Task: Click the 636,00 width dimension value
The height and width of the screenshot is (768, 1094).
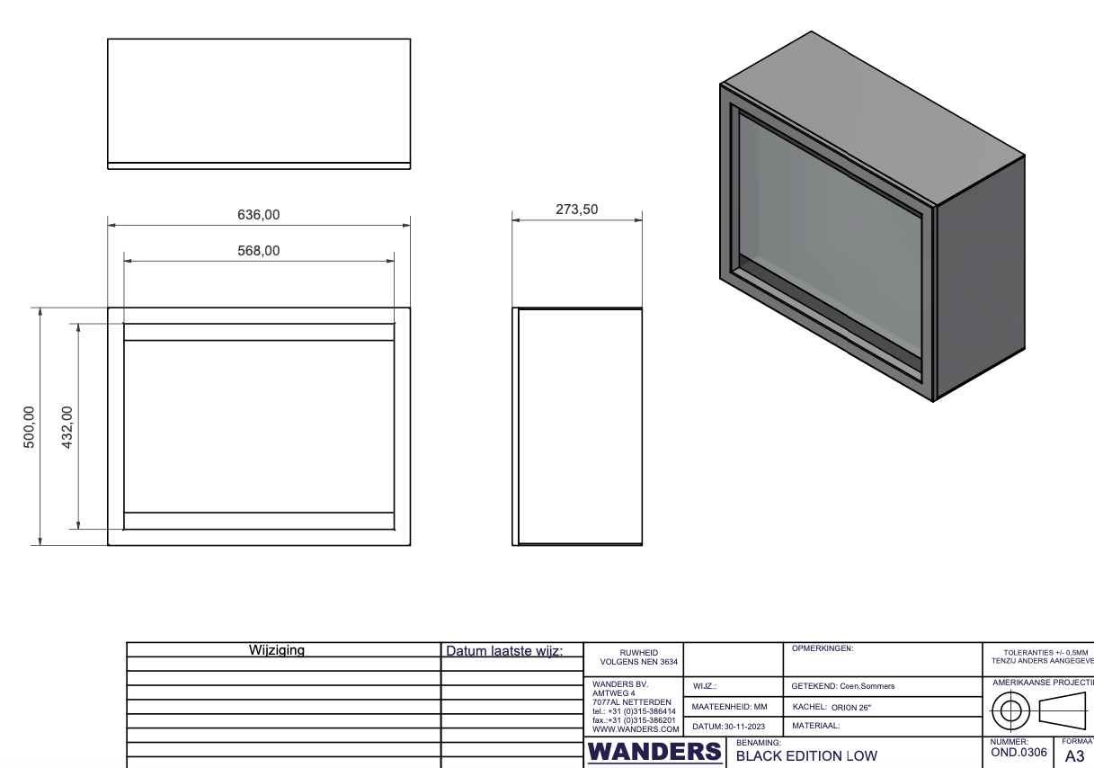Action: [x=259, y=215]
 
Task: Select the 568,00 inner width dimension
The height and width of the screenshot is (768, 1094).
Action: [x=259, y=251]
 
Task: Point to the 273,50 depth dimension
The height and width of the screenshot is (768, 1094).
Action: [x=577, y=209]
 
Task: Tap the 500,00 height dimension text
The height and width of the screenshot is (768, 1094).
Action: [x=29, y=425]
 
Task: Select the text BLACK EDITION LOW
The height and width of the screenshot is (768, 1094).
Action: [x=806, y=756]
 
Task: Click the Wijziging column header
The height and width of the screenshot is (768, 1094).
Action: [x=276, y=650]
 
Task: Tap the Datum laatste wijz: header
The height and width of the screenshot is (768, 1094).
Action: [x=503, y=650]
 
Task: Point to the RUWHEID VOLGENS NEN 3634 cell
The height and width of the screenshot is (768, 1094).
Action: [x=633, y=658]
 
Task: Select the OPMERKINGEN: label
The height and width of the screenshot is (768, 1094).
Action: [x=823, y=647]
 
